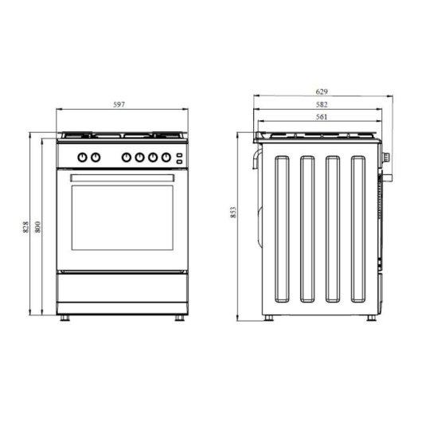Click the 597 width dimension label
tap(119, 105)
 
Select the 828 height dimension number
tap(25, 227)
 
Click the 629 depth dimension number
tap(322, 92)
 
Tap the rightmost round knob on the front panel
tap(166, 157)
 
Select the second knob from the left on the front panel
tap(96, 157)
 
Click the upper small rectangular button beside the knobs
tap(180, 154)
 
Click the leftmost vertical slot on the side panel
tap(283, 229)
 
